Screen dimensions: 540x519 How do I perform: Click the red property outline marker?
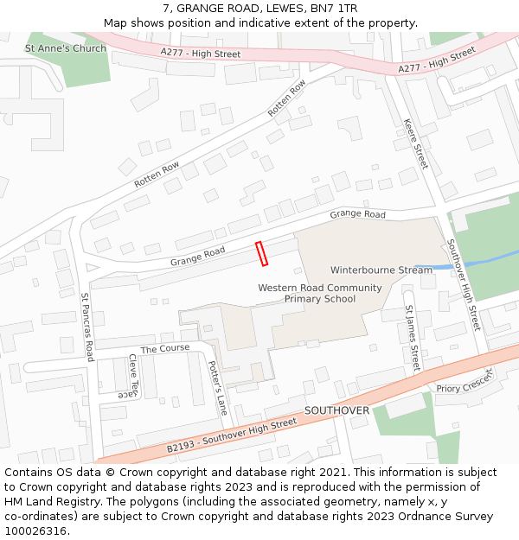tap(262, 253)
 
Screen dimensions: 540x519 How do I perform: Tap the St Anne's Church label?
tap(66, 48)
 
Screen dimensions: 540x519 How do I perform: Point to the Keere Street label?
tap(416, 143)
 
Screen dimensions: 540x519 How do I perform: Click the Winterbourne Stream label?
tap(381, 270)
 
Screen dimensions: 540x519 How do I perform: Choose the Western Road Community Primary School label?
tap(319, 293)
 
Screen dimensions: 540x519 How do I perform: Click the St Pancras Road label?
tap(87, 326)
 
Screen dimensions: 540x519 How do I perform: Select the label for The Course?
tap(164, 349)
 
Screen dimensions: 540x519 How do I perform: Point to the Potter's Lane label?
tap(218, 387)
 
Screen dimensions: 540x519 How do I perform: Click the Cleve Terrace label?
tap(131, 377)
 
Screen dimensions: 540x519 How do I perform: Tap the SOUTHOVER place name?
tap(336, 410)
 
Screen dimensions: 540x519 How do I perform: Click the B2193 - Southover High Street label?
tap(231, 436)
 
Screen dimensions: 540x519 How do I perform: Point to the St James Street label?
tap(413, 337)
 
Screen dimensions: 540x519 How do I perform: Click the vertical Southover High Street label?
tap(463, 285)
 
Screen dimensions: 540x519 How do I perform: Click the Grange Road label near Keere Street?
tap(357, 214)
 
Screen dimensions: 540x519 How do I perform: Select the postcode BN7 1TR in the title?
tap(332, 9)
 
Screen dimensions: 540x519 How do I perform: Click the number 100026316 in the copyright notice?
tap(37, 531)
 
